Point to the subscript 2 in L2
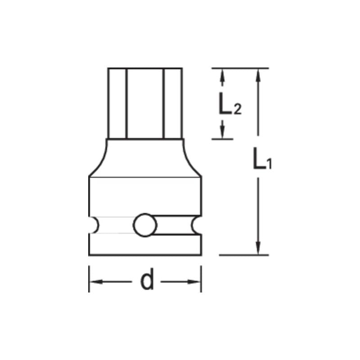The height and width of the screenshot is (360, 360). [238, 110]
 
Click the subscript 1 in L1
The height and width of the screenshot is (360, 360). [269, 165]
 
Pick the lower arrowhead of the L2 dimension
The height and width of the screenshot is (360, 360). [222, 131]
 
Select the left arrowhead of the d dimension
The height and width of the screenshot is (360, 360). [94, 282]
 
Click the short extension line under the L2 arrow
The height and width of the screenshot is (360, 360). [222, 139]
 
